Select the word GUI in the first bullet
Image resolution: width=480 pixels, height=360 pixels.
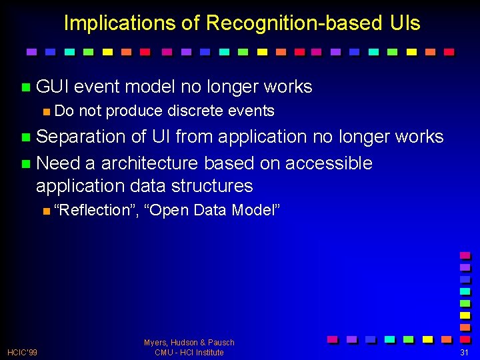coord(53,87)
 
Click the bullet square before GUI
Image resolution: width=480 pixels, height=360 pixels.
coord(26,87)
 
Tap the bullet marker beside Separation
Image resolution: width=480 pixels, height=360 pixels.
coord(26,137)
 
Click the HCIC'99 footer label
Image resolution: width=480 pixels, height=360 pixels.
coord(22,353)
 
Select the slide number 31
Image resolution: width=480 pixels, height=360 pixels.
coord(465,353)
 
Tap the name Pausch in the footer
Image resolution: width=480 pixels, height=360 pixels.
coord(221,343)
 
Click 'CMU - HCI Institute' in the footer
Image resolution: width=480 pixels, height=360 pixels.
coord(189,353)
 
